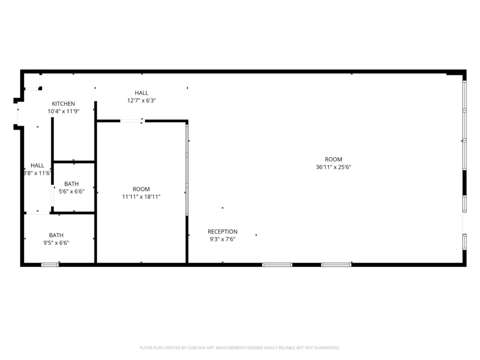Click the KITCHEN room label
click(63, 104)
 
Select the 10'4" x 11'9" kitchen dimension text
click(63, 111)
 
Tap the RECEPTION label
click(222, 231)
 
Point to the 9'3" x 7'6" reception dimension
click(222, 239)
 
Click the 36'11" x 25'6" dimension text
click(333, 167)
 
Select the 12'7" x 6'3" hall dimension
click(141, 100)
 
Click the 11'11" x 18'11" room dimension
click(141, 197)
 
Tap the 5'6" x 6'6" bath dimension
click(71, 191)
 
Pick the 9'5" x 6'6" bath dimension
click(56, 243)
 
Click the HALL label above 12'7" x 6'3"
click(141, 93)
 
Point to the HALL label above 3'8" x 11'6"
click(37, 165)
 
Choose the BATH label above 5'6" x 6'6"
click(71, 184)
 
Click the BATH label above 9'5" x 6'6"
click(56, 235)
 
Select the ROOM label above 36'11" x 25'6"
click(333, 159)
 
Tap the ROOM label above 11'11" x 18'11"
click(141, 189)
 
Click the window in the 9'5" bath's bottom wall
click(50, 265)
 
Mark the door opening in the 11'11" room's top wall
click(132, 121)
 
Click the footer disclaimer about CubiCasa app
click(239, 348)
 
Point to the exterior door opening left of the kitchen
click(18, 114)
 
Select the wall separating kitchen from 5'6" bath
click(74, 161)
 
